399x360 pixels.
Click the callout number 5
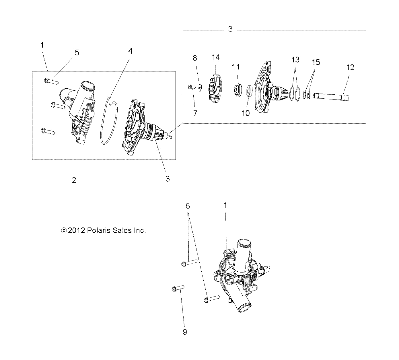click(x=77, y=52)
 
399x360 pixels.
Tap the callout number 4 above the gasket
click(x=130, y=51)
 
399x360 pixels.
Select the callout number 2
click(x=74, y=180)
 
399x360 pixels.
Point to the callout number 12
click(x=351, y=67)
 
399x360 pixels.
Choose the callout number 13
click(x=295, y=59)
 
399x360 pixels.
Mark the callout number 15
click(x=316, y=62)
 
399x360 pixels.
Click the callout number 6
click(x=188, y=206)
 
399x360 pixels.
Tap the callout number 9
click(x=185, y=332)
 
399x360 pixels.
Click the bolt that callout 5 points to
click(x=51, y=81)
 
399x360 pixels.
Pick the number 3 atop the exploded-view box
click(x=230, y=29)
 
